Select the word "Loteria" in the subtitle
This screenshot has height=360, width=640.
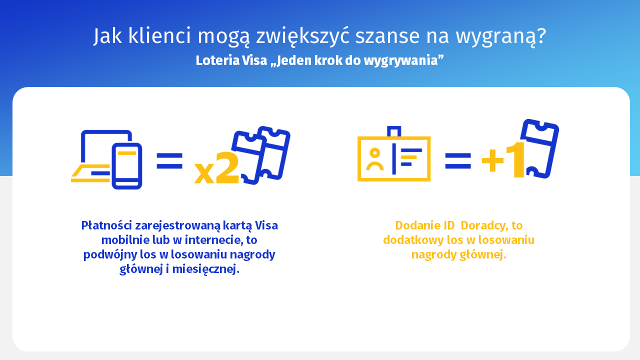click(x=217, y=60)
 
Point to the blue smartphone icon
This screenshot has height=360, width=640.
click(x=127, y=166)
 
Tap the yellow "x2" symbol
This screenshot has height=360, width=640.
click(x=216, y=167)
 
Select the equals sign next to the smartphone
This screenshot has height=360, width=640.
click(x=169, y=160)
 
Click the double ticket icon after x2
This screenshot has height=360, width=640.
click(x=261, y=155)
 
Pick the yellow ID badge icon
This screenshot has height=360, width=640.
click(x=394, y=159)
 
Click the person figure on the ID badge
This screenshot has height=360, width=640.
click(x=375, y=159)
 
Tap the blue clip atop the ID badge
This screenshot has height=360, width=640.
click(x=394, y=131)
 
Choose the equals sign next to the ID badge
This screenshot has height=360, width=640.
click(x=458, y=161)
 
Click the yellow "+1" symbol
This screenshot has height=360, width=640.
click(x=503, y=160)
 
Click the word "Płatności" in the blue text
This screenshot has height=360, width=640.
click(x=106, y=225)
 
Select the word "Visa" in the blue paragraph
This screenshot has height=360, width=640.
click(x=266, y=225)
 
